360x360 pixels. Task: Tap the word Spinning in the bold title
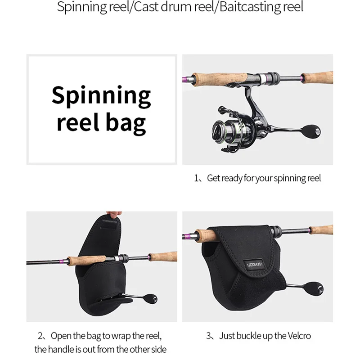[101, 95]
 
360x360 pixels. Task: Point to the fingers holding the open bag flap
[111, 216]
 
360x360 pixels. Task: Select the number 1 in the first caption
[196, 178]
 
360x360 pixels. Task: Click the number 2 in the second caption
[40, 336]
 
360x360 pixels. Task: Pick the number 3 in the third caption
[209, 336]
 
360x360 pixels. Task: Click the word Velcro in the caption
[298, 336]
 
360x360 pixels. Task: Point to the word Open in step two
[60, 336]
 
